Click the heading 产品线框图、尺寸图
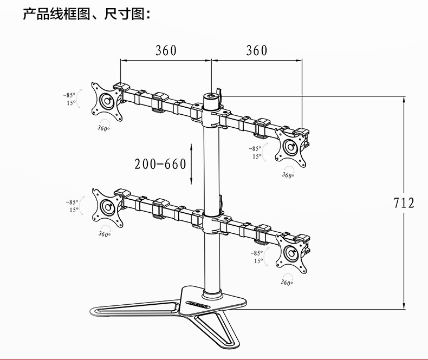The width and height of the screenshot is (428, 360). (x=86, y=14)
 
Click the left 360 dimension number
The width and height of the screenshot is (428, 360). (x=166, y=50)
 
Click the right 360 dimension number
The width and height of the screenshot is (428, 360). (x=256, y=50)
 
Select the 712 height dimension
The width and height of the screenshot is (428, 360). (x=404, y=203)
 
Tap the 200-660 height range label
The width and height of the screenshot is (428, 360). (x=160, y=164)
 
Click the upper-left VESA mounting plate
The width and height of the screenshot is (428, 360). (x=107, y=100)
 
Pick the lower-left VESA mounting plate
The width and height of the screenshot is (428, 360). (x=107, y=205)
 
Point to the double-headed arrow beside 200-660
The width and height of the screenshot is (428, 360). (x=191, y=163)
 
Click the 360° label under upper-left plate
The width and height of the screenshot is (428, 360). (x=103, y=128)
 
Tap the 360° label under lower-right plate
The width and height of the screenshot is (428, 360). (x=288, y=282)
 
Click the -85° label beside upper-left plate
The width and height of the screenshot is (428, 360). (x=69, y=95)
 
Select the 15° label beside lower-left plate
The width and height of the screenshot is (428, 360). (x=74, y=210)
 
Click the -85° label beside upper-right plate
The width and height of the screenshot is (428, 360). (x=255, y=148)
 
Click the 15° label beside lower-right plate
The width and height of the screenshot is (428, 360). (x=258, y=260)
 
